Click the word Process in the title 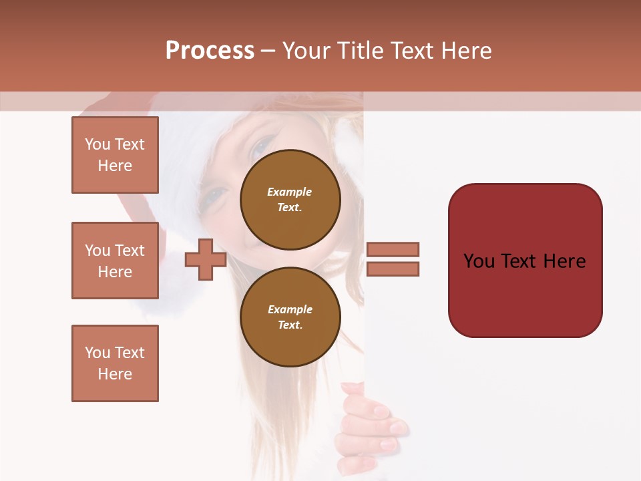pyautogui.click(x=210, y=51)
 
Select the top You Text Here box pyautogui.click(x=115, y=155)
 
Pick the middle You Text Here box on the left pyautogui.click(x=115, y=261)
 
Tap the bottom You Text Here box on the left pyautogui.click(x=115, y=363)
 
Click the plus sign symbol pyautogui.click(x=206, y=259)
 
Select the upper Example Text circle pyautogui.click(x=290, y=199)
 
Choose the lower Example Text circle pyautogui.click(x=290, y=317)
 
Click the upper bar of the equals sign pyautogui.click(x=393, y=249)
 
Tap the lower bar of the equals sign pyautogui.click(x=393, y=269)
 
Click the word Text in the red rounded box pyautogui.click(x=523, y=261)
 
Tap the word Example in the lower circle pyautogui.click(x=290, y=309)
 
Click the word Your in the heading pyautogui.click(x=306, y=51)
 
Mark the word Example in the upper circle pyautogui.click(x=290, y=192)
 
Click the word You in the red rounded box pyautogui.click(x=479, y=261)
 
